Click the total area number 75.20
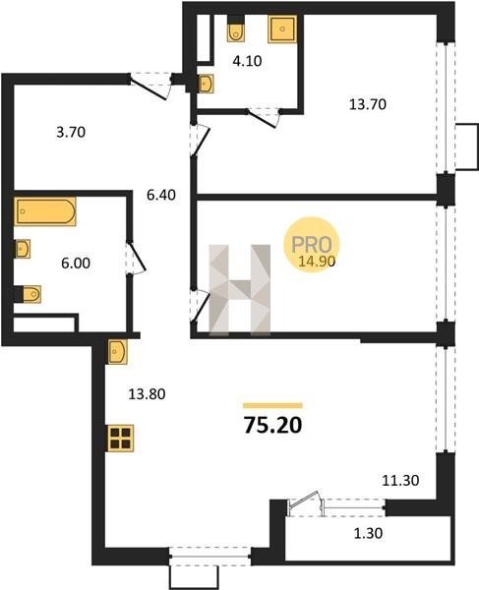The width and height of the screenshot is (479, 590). click(x=272, y=425)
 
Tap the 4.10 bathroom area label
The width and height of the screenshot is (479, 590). click(x=247, y=61)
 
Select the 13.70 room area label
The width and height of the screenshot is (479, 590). click(x=368, y=104)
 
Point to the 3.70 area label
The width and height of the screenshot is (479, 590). click(x=71, y=132)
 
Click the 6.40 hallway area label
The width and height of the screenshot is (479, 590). click(x=161, y=195)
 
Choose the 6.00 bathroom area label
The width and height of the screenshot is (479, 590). click(x=76, y=263)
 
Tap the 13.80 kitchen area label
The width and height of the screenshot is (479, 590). click(x=147, y=394)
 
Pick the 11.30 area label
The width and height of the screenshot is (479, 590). click(x=400, y=481)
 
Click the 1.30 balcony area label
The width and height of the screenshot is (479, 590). click(x=369, y=533)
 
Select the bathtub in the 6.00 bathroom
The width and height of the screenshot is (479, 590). click(x=45, y=211)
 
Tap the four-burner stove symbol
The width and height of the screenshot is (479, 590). click(x=121, y=438)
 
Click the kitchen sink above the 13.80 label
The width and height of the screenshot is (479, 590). click(x=118, y=351)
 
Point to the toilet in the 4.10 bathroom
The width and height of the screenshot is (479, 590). click(x=236, y=32)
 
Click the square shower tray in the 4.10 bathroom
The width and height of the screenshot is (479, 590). click(x=282, y=29)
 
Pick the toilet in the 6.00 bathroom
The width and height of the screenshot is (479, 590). click(x=31, y=294)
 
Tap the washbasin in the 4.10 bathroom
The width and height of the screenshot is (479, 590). click(x=207, y=84)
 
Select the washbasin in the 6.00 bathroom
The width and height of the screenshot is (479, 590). click(x=23, y=249)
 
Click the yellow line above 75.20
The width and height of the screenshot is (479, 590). click(x=272, y=405)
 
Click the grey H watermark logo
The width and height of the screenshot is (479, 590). click(x=240, y=289)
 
